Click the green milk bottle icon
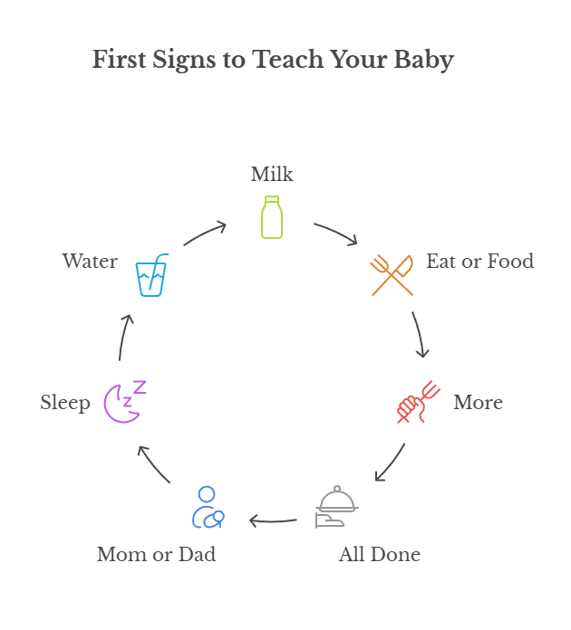[272, 217]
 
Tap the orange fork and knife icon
[392, 274]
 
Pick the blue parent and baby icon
[208, 508]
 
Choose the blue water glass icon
[151, 275]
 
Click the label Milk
[272, 174]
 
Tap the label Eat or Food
[479, 262]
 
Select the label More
[478, 403]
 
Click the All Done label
[379, 554]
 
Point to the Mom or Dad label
[157, 554]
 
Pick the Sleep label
[65, 403]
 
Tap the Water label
[90, 262]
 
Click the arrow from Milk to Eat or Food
[335, 233]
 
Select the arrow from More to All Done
[390, 463]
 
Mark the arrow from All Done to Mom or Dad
[273, 520]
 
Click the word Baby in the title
[423, 61]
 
